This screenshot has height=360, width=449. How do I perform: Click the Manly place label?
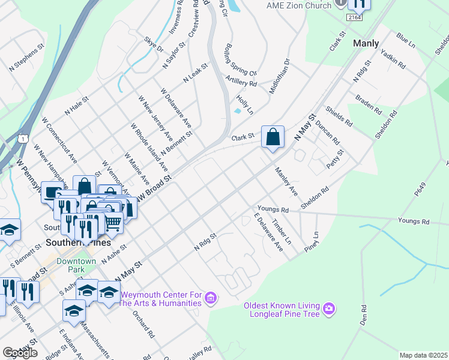pos(366,43)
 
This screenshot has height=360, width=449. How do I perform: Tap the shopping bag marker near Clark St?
pos(273,137)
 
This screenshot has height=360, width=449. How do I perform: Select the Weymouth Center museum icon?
pos(210,298)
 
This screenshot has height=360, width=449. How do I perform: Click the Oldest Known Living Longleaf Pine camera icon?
pos(329,309)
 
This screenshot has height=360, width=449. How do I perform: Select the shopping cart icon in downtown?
pos(113,223)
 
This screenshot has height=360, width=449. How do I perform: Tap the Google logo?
pos(20,353)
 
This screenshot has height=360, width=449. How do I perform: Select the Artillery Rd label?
pos(241,80)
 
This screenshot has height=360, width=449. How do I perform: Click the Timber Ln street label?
pos(281,232)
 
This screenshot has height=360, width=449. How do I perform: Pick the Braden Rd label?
pos(368,104)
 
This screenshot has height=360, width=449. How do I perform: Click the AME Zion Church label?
pos(298,5)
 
